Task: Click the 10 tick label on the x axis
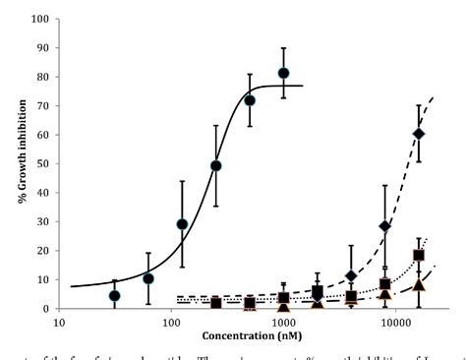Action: point(60,322)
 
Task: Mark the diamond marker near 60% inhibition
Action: point(419,134)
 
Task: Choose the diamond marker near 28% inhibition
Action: point(385,226)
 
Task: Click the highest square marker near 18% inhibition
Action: point(419,256)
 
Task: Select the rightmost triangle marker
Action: point(419,285)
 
